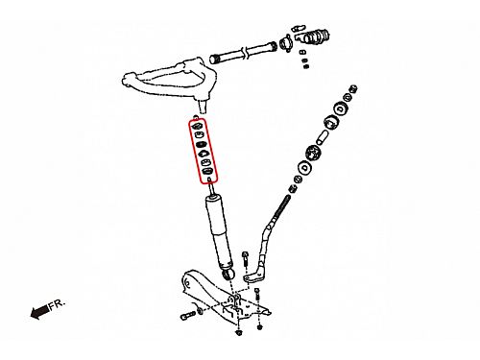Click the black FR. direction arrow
40,312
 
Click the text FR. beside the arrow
58,303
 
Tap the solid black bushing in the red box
201,144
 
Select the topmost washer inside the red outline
198,126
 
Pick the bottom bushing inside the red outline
208,171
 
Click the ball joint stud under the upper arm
203,106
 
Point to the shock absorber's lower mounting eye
228,274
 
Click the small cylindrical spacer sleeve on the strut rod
322,137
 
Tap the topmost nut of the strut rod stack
353,88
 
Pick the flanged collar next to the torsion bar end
285,44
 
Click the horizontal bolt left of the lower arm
188,316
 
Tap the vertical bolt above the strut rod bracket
245,258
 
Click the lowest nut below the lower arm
239,333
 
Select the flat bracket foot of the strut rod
254,277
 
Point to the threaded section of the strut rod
280,210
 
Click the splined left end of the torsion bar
214,59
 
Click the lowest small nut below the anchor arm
306,66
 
